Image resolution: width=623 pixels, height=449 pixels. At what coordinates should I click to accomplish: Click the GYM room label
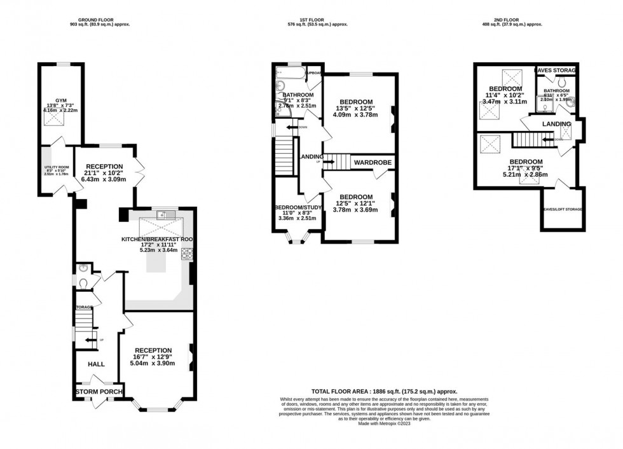[x=60, y=100]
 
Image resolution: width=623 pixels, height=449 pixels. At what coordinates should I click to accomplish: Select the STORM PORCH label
[x=99, y=391]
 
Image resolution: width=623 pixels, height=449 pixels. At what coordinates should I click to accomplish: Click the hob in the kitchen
[x=188, y=254]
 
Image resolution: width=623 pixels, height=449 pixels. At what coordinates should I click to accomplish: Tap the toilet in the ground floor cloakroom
[x=83, y=282]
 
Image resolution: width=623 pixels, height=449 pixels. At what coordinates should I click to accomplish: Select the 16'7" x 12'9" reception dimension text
[x=153, y=357]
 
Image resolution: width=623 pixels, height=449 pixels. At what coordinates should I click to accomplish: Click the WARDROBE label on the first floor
[x=372, y=162]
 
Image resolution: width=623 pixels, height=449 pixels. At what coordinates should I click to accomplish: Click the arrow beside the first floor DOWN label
[x=291, y=128]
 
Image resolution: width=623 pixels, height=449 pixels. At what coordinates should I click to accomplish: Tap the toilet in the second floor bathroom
[x=561, y=83]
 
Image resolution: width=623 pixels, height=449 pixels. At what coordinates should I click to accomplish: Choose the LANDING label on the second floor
[x=555, y=123]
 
